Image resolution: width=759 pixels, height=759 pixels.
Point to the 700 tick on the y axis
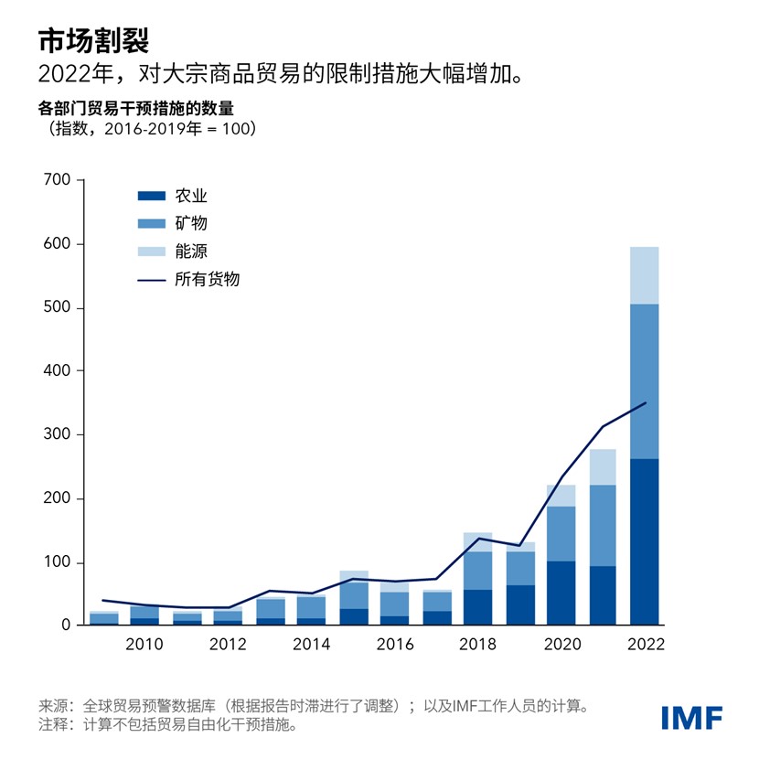57,181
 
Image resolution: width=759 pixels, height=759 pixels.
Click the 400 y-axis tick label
57,371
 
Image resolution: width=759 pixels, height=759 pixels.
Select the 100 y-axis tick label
57,562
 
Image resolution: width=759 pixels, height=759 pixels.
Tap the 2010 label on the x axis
144,645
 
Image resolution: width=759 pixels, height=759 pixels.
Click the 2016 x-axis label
394,645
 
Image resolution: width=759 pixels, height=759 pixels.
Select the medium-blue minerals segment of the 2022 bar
644,381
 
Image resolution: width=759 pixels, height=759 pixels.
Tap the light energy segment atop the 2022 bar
644,275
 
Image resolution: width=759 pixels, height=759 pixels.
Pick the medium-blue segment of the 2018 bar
477,571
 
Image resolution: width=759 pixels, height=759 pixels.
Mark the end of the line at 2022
645,402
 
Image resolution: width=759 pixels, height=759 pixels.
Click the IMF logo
691,716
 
